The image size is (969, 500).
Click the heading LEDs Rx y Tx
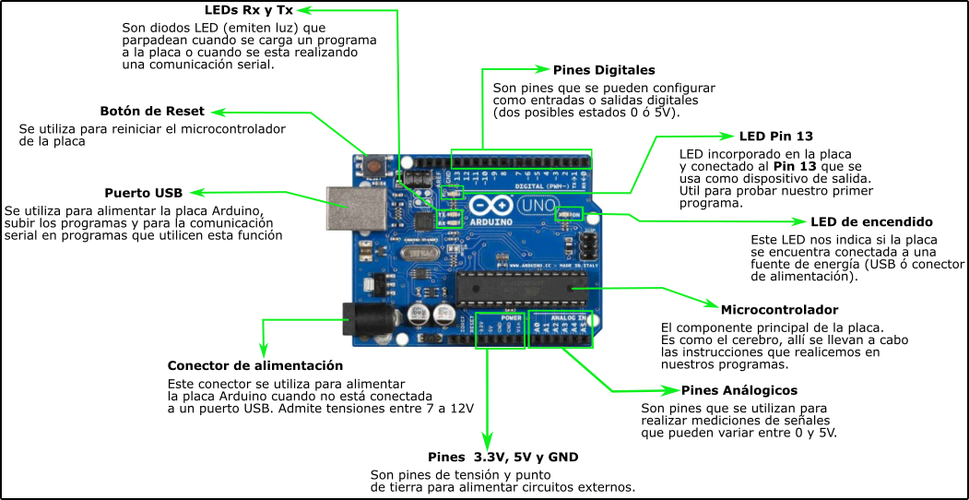click(x=250, y=10)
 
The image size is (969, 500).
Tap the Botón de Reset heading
click(x=152, y=112)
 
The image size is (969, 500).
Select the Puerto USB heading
click(x=143, y=193)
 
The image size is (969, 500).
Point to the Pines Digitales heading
click(x=604, y=70)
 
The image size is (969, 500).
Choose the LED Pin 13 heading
click(x=775, y=136)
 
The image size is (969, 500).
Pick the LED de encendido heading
click(x=871, y=222)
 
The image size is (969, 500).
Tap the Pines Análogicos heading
click(x=739, y=390)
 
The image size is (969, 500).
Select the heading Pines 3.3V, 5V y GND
click(x=502, y=458)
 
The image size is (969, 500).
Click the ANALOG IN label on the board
click(x=563, y=317)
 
